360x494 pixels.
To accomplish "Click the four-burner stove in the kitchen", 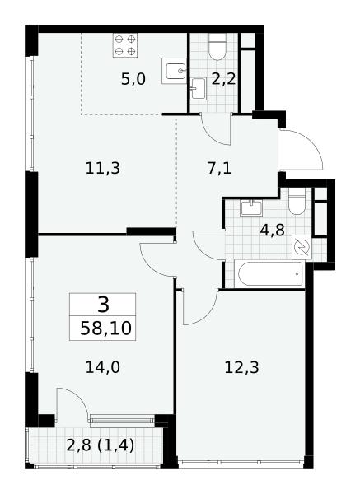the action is [x=125, y=45].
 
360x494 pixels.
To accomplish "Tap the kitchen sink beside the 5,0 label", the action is [x=173, y=71].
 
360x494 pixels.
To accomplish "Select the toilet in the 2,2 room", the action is [x=217, y=47].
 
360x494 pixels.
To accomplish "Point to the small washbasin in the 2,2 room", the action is [x=199, y=88].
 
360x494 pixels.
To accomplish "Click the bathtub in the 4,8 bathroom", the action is [x=269, y=274].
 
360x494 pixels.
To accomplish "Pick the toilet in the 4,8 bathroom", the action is [x=297, y=201].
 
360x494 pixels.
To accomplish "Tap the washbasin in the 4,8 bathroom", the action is [x=251, y=208].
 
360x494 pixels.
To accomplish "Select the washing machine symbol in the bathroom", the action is [x=302, y=247].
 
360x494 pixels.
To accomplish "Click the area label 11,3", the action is [x=103, y=168].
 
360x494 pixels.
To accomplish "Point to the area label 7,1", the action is [x=219, y=168].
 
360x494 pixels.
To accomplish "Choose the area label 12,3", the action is [x=241, y=367].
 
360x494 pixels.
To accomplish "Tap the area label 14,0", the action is [x=103, y=367].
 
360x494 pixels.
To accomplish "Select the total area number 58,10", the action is [x=105, y=329].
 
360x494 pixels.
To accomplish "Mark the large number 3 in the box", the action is [x=103, y=305].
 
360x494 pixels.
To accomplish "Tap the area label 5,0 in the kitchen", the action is [x=133, y=79].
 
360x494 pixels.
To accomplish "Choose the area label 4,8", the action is [x=272, y=231].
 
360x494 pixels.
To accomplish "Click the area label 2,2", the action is [x=223, y=79].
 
